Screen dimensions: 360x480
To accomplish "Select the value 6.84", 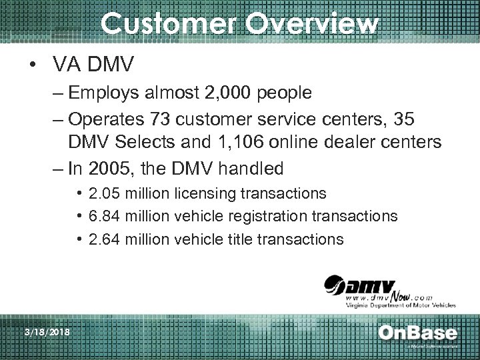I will point(107,216).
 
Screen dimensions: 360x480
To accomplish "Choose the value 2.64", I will point(107,239).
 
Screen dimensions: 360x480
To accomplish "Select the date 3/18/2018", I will point(48,332).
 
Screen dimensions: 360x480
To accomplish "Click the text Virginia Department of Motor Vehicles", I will point(399,305).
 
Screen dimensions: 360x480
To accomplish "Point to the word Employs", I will point(101,93).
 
